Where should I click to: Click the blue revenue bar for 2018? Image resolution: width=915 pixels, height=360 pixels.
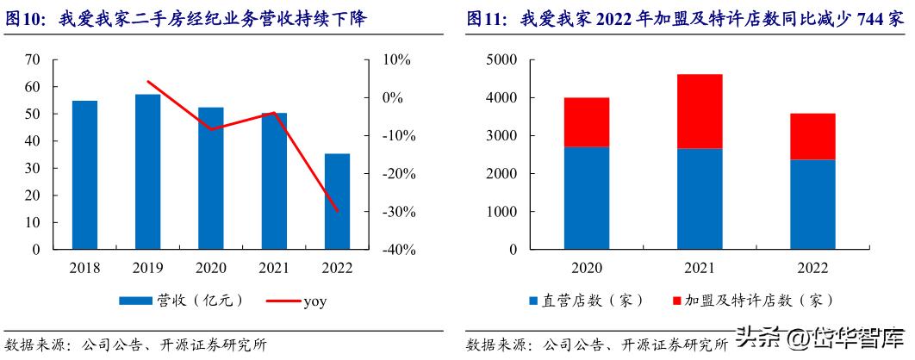coord(84,175)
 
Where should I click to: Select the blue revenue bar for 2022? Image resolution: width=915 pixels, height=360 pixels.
coord(337,202)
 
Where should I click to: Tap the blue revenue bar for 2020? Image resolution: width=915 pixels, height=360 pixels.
coord(211,178)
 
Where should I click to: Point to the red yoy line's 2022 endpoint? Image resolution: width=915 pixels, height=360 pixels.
coord(337,211)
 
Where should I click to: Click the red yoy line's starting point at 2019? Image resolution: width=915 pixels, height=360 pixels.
coord(148,82)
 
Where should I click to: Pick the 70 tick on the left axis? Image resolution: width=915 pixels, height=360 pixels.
coord(33,59)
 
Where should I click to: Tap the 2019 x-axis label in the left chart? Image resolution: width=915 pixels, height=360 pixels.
coord(148,268)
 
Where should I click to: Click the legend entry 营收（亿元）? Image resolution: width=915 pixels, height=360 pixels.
coord(181,301)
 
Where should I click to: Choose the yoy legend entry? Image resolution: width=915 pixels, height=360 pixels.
coord(297,301)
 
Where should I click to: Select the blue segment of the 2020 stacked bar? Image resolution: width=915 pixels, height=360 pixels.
coord(587,198)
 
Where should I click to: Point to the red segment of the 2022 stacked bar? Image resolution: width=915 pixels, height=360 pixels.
coord(812,136)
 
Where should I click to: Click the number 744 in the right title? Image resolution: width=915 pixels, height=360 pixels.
coord(872,19)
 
